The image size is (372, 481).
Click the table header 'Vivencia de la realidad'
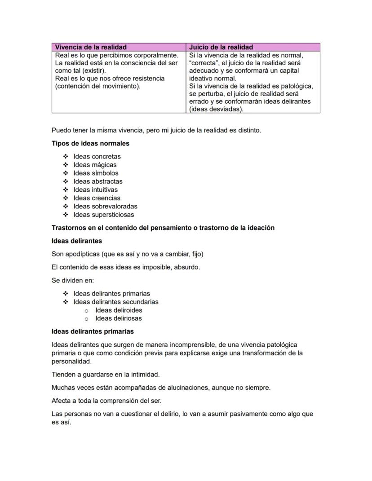tap(90, 47)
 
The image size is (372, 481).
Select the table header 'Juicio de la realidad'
tap(221, 47)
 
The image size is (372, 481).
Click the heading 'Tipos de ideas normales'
tap(90, 144)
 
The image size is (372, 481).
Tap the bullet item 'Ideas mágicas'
tap(95, 165)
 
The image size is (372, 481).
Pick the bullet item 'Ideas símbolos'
tap(96, 173)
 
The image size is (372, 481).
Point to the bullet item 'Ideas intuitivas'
tap(95, 190)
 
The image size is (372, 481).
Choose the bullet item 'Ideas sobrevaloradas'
tap(105, 206)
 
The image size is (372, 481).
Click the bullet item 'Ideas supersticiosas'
tap(104, 215)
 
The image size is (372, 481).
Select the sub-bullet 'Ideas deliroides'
tap(119, 310)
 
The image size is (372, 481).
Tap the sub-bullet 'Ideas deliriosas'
tap(118, 318)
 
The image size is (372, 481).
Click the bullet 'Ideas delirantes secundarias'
tap(116, 302)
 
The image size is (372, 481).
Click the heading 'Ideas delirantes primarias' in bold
tap(93, 331)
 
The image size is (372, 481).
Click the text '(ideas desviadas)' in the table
tap(216, 109)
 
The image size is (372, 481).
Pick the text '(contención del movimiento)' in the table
tap(97, 86)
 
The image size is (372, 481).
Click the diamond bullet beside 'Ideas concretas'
tap(66, 156)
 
